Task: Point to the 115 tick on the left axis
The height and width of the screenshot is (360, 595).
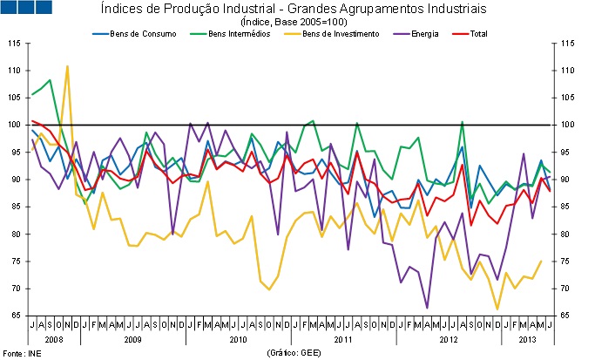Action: coord(15,43)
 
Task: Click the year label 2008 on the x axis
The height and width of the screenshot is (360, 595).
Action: coord(52,337)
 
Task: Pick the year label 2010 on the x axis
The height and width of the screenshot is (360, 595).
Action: coord(237,337)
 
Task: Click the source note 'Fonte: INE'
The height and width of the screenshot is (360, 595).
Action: coord(20,352)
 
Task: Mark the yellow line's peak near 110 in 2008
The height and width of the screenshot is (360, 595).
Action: coord(67,66)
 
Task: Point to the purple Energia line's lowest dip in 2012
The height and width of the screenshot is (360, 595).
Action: coord(427,307)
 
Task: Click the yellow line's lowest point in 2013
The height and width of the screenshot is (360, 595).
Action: coord(498,309)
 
